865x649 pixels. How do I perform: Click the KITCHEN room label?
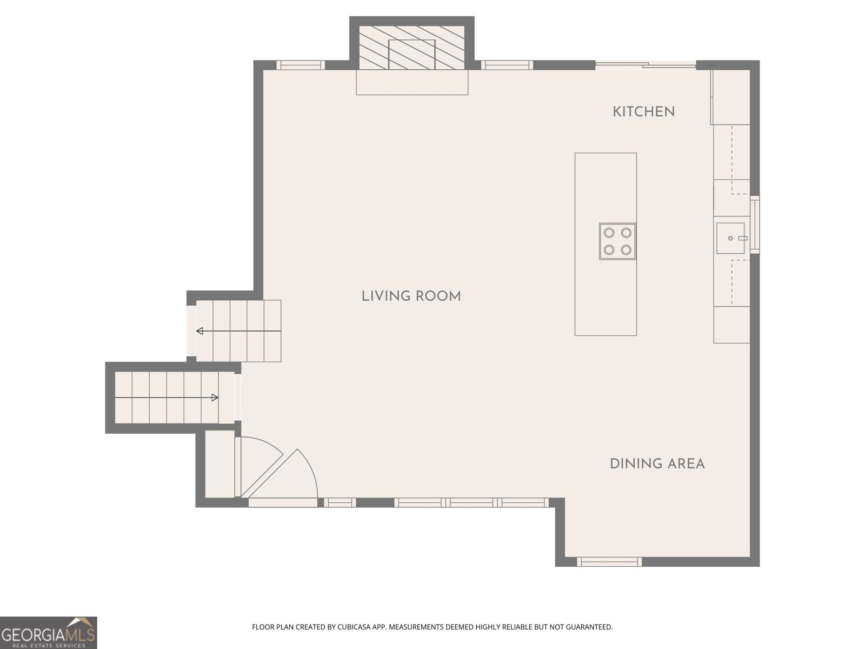[x=643, y=112]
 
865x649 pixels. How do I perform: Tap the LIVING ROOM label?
[x=411, y=296]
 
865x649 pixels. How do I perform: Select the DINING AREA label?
[x=657, y=464]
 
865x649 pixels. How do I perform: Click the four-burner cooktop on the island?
[x=617, y=241]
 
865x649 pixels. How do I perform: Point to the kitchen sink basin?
[x=730, y=238]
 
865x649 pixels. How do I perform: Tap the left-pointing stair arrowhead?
[x=200, y=331]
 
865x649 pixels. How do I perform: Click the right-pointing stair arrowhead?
[x=215, y=398]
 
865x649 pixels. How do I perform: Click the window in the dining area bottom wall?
[x=609, y=561]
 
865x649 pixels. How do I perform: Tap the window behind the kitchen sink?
[x=755, y=224]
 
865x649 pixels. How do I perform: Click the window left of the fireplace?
[x=301, y=65]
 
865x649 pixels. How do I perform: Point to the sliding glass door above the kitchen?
[x=646, y=65]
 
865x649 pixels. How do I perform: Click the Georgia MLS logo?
[x=49, y=632]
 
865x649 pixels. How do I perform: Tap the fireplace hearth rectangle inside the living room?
[x=412, y=82]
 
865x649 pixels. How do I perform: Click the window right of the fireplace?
[x=507, y=65]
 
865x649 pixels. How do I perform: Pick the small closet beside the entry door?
[x=220, y=464]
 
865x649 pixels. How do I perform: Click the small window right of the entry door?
[x=340, y=502]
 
